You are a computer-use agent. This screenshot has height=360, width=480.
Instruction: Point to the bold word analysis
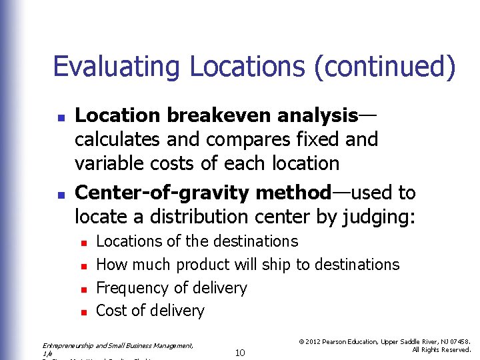tap(316, 116)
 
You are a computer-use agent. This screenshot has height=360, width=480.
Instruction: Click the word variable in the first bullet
tap(108, 163)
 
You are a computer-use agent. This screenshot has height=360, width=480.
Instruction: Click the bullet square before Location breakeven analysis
tap(60, 117)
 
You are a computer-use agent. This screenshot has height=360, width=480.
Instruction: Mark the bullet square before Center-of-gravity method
tap(60, 195)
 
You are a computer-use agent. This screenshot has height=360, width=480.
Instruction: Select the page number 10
tap(241, 351)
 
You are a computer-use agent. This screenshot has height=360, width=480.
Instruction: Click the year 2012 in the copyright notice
tap(315, 341)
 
